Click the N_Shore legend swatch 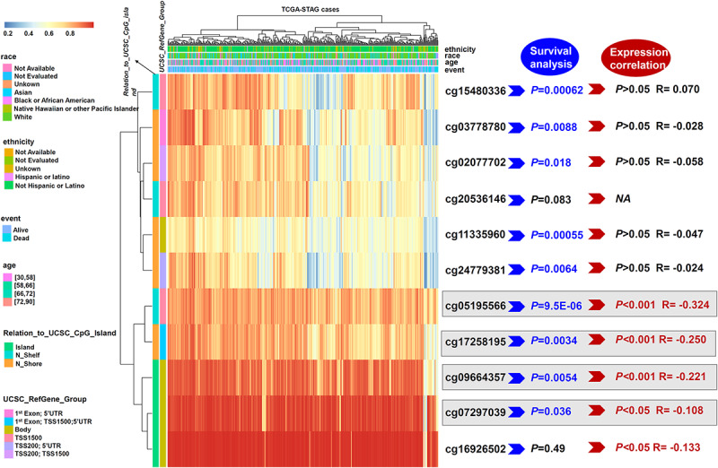coord(6,361)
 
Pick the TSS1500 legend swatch coord(6,439)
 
